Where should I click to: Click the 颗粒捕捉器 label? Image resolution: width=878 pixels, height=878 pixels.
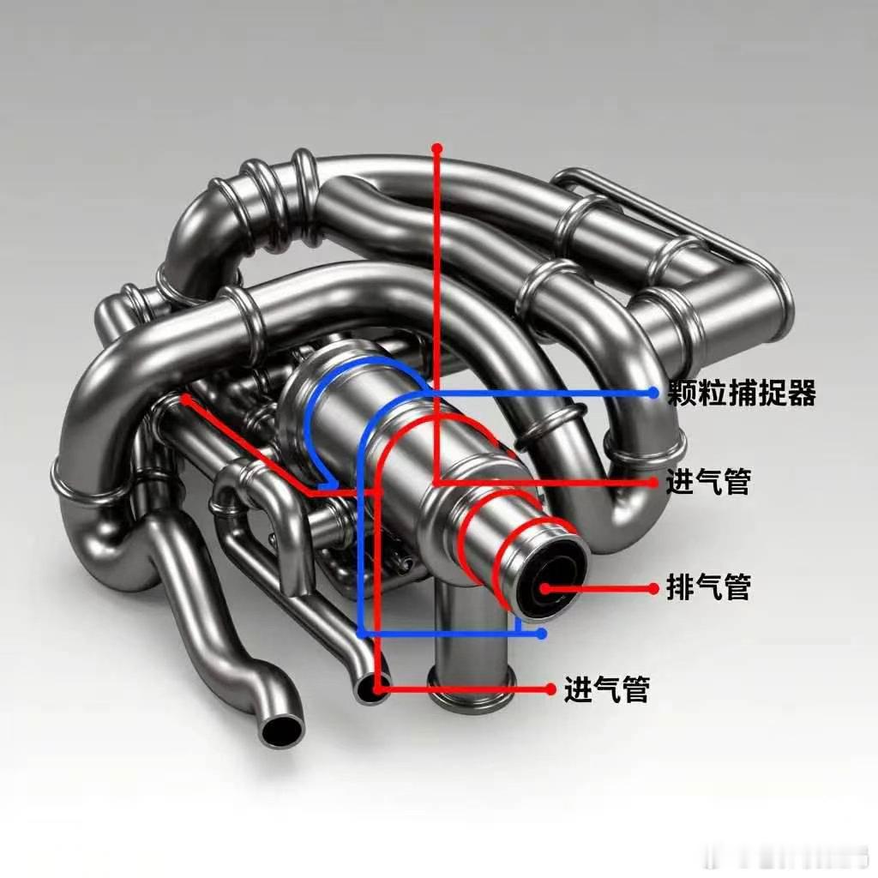click(742, 393)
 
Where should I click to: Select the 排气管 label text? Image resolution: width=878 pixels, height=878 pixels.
click(708, 588)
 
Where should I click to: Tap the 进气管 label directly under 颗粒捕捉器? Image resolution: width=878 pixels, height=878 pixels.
click(708, 482)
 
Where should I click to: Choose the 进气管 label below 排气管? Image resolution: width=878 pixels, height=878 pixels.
click(607, 689)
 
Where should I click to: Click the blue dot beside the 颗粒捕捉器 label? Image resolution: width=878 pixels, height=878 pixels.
click(653, 393)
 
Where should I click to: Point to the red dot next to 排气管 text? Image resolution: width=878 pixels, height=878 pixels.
click(653, 588)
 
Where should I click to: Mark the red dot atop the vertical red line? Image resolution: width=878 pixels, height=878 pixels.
click(437, 149)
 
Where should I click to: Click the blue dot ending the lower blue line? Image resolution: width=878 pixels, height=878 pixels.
click(541, 634)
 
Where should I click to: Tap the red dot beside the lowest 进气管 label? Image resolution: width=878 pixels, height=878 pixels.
click(550, 688)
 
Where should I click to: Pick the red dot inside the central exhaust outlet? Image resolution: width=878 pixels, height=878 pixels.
click(544, 588)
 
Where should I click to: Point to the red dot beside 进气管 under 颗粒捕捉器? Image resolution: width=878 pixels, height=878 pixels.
click(653, 482)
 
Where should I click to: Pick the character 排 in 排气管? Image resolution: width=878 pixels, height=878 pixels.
click(680, 588)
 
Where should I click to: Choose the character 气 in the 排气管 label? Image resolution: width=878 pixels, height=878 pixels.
click(708, 588)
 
